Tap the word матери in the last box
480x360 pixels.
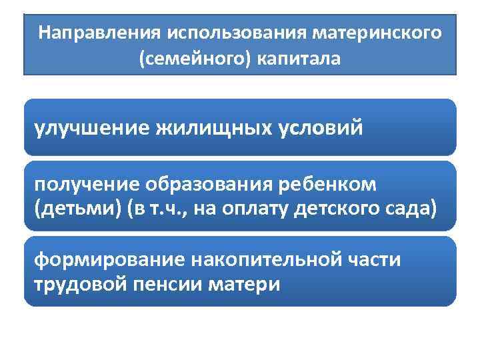click(244, 285)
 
